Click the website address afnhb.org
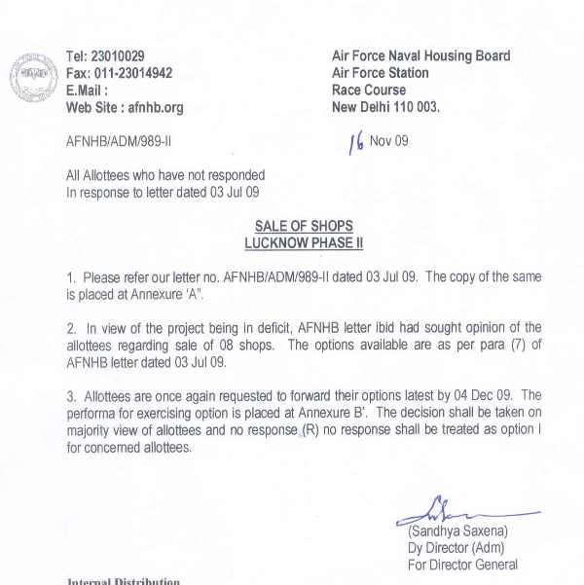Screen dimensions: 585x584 click(x=156, y=108)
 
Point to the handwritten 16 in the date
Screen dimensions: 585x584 click(x=356, y=143)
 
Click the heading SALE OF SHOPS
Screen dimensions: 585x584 click(x=303, y=226)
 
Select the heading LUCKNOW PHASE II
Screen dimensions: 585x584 click(x=303, y=242)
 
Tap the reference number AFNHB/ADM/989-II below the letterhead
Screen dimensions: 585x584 click(x=119, y=141)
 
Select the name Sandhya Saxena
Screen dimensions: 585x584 click(x=457, y=531)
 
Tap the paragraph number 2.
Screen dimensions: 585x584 click(x=70, y=328)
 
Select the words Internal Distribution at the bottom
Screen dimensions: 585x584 click(x=124, y=581)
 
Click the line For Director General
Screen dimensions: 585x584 click(x=462, y=565)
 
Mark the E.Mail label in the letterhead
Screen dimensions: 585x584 click(x=87, y=91)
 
